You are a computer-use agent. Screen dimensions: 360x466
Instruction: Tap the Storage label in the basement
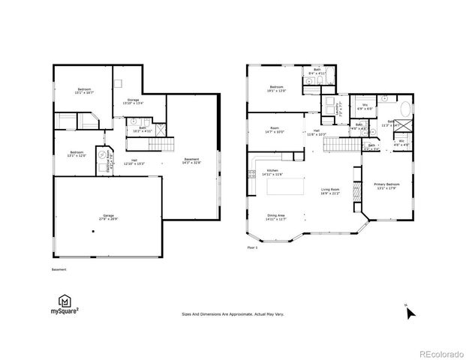133,100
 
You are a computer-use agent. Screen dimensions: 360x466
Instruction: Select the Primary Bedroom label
387,185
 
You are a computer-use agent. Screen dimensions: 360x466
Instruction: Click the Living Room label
330,191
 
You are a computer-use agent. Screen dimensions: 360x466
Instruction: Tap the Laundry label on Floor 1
338,107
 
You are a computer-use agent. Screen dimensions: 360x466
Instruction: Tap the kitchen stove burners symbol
250,175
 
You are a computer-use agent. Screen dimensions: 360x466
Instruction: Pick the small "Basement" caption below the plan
59,269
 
